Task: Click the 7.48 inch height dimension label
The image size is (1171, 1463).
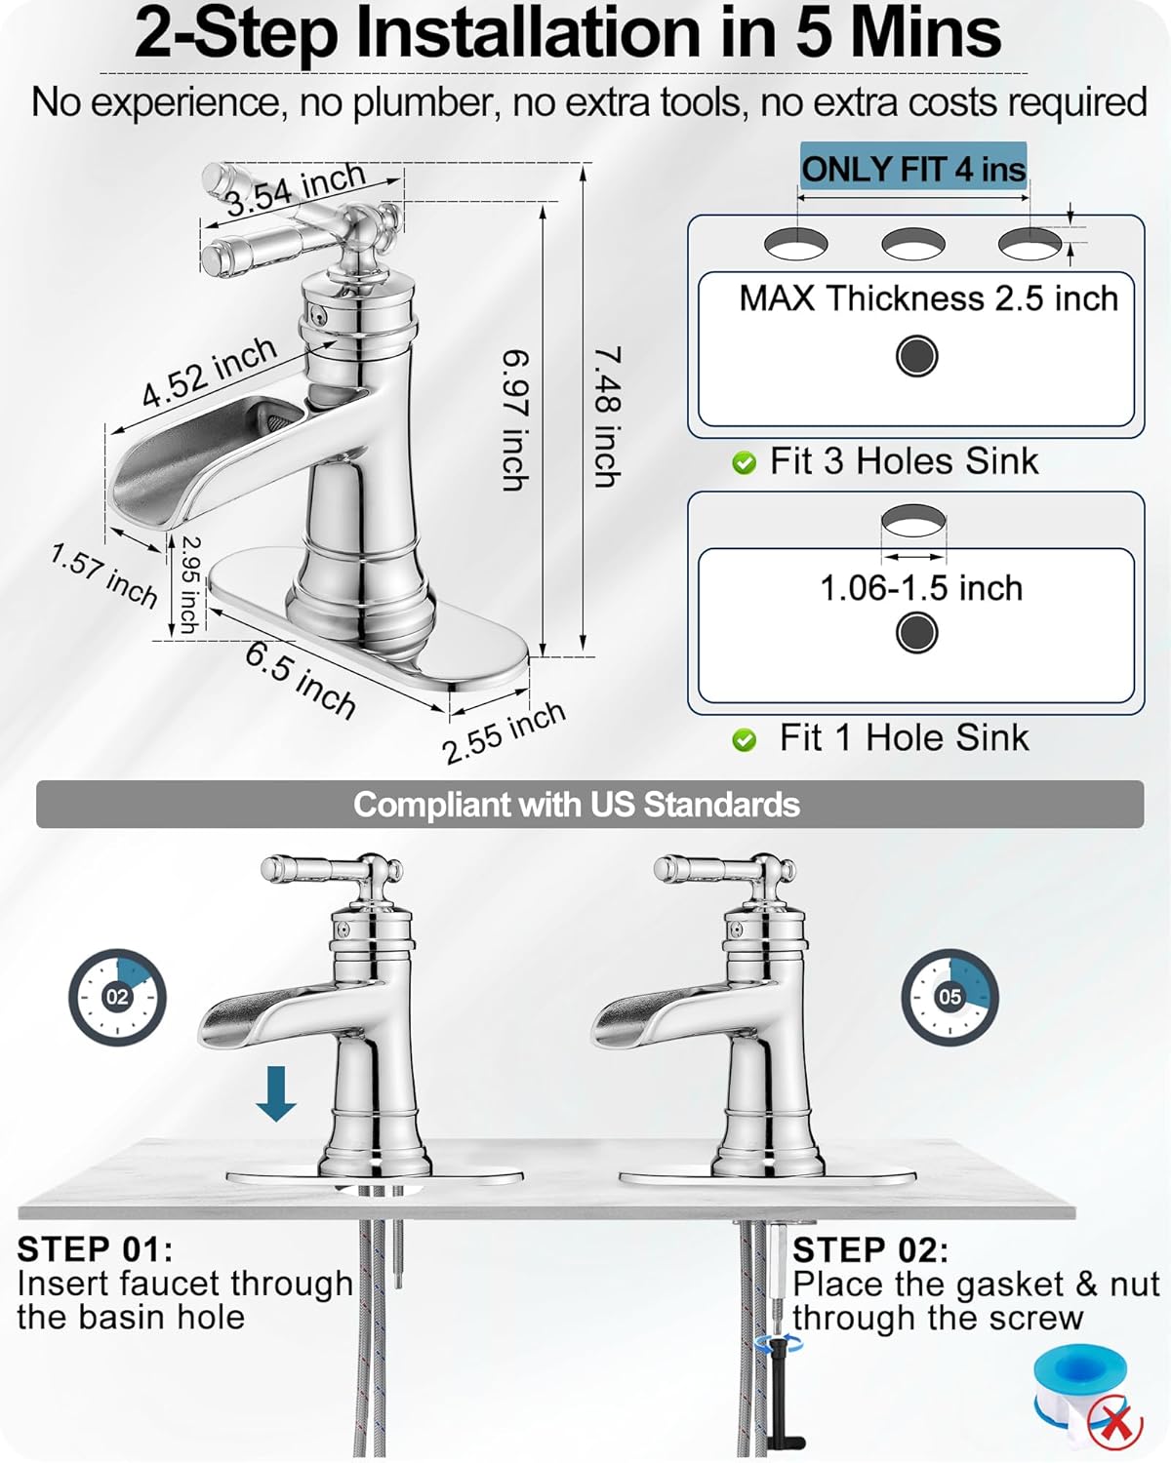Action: [606, 416]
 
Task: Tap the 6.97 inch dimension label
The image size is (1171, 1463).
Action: [514, 420]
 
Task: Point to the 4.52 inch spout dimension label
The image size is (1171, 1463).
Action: [210, 372]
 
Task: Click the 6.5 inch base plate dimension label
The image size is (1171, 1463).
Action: [300, 680]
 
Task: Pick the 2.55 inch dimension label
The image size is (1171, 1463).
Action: [504, 732]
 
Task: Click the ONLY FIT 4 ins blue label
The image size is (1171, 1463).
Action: [913, 168]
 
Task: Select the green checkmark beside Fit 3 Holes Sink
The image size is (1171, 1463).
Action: [744, 463]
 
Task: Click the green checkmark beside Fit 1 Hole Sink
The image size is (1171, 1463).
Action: [744, 739]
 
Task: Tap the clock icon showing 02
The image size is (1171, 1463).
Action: [118, 998]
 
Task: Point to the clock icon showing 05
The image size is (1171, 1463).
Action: [949, 998]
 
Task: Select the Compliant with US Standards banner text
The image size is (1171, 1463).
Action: [577, 805]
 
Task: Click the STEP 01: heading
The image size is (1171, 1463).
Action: [96, 1249]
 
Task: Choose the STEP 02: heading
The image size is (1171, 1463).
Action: [871, 1250]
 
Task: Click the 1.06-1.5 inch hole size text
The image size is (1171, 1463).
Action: [921, 588]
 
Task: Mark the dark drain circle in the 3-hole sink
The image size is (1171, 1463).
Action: [916, 356]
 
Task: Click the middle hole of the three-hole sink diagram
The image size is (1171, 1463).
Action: [913, 243]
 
